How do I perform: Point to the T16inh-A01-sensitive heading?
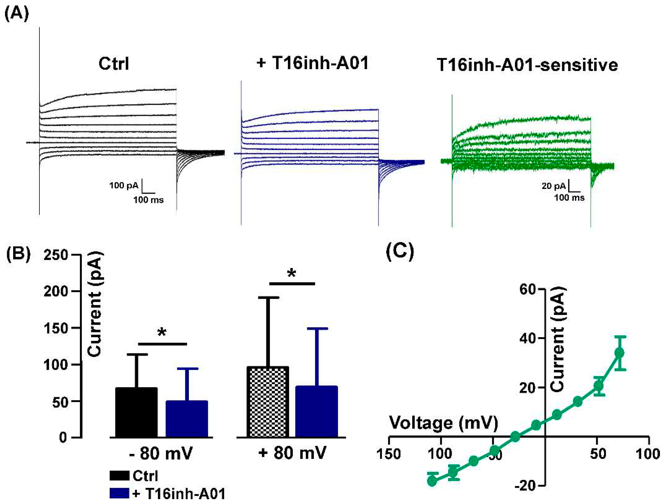[x=527, y=65]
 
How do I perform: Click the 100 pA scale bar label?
[x=124, y=186]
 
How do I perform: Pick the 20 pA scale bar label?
[x=553, y=186]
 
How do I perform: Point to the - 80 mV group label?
[x=161, y=454]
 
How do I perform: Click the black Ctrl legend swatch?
[x=119, y=476]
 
